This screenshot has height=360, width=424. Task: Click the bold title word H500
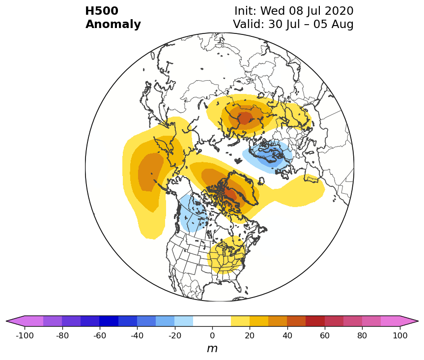click(102, 11)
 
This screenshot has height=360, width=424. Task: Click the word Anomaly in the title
click(113, 25)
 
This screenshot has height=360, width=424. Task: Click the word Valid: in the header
click(249, 25)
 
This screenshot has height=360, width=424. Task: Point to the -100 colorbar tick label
click(25, 335)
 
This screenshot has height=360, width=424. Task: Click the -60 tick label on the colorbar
click(100, 335)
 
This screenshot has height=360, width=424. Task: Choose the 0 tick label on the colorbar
click(212, 335)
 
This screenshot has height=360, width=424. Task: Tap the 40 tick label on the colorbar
click(287, 335)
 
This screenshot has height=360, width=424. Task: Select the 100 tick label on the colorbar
click(400, 335)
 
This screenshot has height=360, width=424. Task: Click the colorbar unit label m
click(212, 349)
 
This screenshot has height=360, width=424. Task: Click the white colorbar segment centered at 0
click(212, 321)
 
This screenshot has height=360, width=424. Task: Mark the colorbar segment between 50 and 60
click(315, 321)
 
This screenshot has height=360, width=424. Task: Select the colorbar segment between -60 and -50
click(109, 321)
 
